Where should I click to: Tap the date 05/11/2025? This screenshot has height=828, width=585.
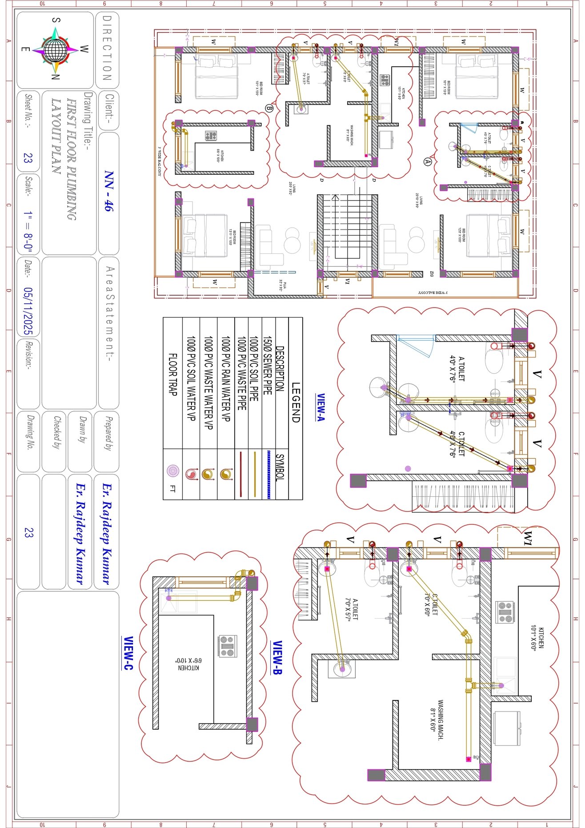[x=28, y=310]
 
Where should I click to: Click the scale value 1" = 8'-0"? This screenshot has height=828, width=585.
[x=28, y=232]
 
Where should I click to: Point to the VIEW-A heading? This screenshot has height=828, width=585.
[x=321, y=407]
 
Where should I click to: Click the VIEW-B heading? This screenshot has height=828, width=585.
[x=276, y=657]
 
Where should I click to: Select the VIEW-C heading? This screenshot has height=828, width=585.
[x=128, y=653]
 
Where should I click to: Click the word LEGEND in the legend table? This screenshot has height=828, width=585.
[x=296, y=402]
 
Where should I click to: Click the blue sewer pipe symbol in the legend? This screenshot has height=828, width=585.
[x=268, y=474]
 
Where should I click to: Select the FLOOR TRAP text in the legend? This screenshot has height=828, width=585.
[x=173, y=374]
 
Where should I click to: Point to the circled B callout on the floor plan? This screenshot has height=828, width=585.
[x=268, y=108]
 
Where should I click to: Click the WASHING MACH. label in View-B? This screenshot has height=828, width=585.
[x=437, y=720]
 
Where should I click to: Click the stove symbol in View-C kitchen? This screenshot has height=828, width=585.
[x=228, y=646]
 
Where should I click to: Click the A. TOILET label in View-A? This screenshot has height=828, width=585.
[x=458, y=368]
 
